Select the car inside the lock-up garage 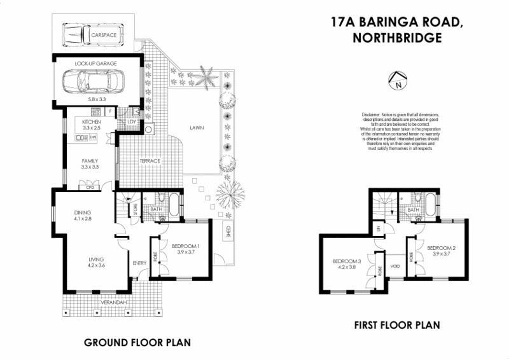(94, 81)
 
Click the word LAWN (197, 128)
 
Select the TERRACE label (150, 160)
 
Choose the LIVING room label (96, 260)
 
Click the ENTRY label (139, 262)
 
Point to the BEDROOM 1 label (186, 247)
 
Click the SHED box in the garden (228, 233)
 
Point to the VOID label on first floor (395, 266)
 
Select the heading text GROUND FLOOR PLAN (137, 343)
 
